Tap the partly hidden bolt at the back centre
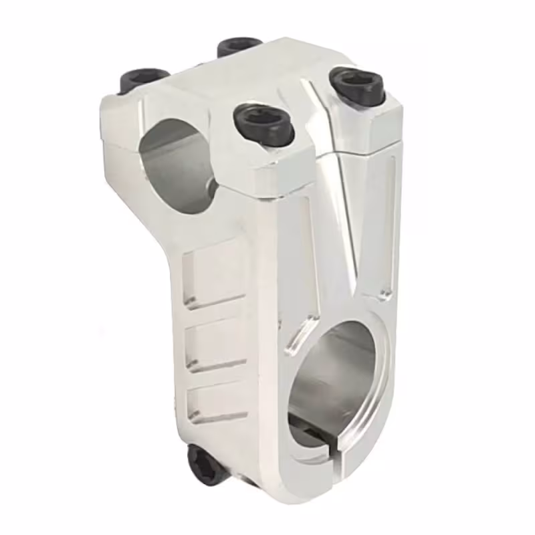pos(239,46)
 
